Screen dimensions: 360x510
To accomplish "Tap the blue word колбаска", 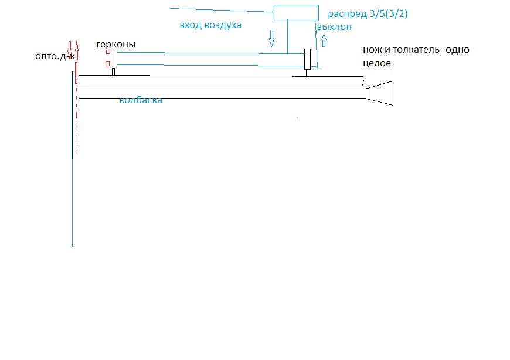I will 141,100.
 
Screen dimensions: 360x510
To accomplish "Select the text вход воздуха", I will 210,26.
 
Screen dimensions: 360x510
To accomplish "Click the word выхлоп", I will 334,27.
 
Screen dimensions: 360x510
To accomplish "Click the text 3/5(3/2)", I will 388,13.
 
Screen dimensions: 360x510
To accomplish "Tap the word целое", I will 377,63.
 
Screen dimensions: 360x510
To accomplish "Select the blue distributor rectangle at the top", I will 297,12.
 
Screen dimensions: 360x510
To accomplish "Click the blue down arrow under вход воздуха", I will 271,39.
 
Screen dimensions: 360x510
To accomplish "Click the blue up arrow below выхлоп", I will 324,40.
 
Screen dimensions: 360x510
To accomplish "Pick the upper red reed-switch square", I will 107,52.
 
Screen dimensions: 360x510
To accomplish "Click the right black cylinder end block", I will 307,59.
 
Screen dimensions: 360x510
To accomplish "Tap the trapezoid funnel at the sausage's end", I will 379,93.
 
